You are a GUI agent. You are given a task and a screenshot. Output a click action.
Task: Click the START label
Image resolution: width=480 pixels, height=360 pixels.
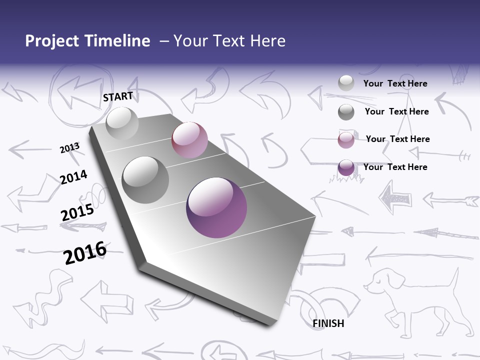(118, 96)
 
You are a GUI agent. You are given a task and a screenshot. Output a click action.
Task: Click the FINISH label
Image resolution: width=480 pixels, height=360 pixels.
(328, 323)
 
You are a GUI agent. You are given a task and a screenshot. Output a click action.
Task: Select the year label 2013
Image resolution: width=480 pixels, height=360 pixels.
(69, 148)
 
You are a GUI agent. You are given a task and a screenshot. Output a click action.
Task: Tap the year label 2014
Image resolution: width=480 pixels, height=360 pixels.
(73, 177)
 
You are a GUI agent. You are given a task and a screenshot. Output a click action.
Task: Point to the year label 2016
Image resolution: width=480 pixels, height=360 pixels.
(85, 252)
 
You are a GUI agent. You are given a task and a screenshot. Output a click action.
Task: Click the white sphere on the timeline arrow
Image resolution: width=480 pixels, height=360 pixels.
(122, 123)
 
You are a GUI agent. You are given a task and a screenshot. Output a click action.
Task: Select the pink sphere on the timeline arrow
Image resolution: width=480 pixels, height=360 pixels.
(189, 140)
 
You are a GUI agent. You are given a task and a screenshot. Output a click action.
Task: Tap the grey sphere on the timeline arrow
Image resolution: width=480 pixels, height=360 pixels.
(145, 180)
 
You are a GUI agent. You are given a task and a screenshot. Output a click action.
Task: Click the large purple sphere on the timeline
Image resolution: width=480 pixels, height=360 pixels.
(216, 207)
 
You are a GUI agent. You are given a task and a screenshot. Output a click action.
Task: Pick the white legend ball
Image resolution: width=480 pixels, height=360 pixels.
(346, 83)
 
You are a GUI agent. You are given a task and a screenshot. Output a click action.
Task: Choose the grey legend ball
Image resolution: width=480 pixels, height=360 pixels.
(346, 112)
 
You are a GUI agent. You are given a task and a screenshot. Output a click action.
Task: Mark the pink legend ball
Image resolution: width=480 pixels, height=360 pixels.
(346, 140)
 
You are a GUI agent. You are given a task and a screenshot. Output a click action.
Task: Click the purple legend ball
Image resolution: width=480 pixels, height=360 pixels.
(346, 167)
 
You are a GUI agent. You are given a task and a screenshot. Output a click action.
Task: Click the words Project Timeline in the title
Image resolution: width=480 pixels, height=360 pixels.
(87, 41)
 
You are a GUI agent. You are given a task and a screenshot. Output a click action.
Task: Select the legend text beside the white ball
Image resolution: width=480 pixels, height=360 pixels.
(395, 84)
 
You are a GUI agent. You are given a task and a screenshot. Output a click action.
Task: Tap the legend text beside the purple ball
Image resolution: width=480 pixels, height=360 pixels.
(395, 167)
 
